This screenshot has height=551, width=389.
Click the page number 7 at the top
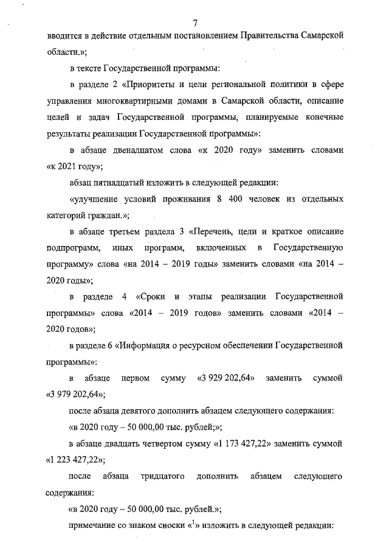[195, 23]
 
